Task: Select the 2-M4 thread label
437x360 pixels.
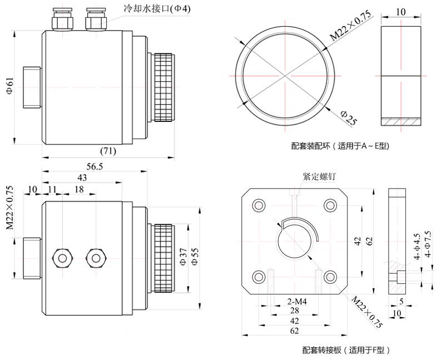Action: (297, 301)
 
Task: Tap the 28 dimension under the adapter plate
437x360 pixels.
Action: (294, 310)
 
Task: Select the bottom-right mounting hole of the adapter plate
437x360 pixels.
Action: (330, 276)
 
